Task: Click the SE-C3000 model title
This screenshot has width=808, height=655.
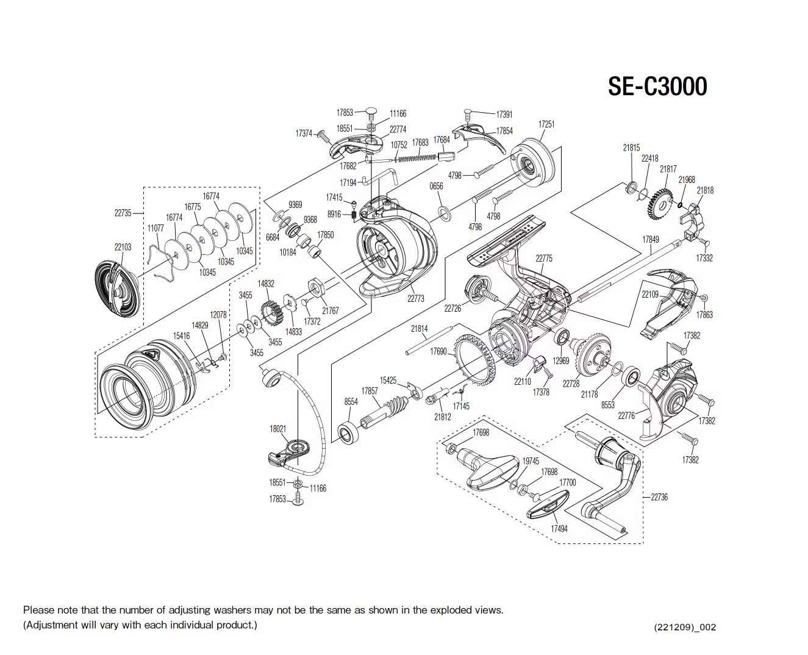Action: (657, 87)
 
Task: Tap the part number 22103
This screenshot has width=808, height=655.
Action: (123, 247)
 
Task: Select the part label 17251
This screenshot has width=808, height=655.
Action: (546, 124)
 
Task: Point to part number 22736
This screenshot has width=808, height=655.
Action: (659, 497)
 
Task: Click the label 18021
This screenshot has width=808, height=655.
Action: (277, 429)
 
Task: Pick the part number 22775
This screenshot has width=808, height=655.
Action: (544, 259)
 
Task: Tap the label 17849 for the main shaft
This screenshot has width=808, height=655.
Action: (651, 240)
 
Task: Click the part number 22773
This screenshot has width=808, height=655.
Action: (415, 299)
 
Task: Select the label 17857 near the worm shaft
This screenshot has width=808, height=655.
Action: (370, 391)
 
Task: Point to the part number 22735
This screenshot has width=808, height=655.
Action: (123, 213)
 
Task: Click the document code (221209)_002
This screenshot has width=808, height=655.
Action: (685, 627)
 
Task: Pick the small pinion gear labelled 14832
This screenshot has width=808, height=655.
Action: (270, 312)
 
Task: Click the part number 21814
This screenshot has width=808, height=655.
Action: (419, 329)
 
